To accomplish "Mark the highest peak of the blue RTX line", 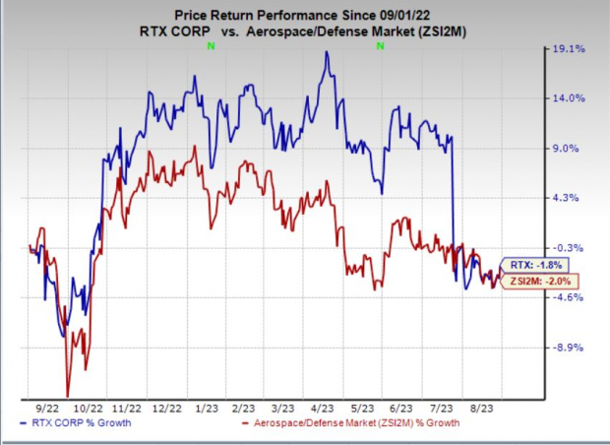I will (x=326, y=52).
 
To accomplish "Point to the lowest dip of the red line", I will (x=67, y=395).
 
